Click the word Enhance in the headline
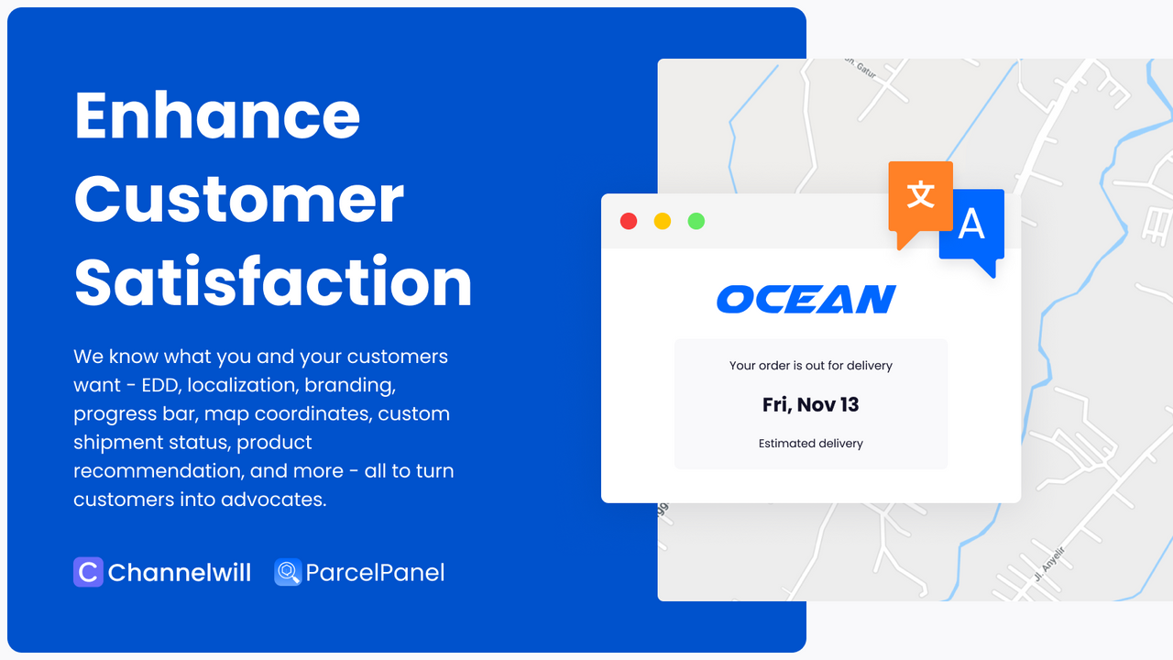(x=217, y=115)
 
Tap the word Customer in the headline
(x=239, y=199)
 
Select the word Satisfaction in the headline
(x=273, y=282)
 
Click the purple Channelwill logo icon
(x=88, y=572)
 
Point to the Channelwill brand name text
(x=180, y=573)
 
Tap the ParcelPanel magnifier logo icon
(x=288, y=573)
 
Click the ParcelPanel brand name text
(x=375, y=573)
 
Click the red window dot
(x=629, y=221)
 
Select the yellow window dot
(x=663, y=221)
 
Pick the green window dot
(x=696, y=221)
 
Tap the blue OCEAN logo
(x=806, y=299)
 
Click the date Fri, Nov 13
(x=811, y=404)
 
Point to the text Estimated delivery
(x=811, y=444)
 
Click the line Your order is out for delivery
(x=811, y=366)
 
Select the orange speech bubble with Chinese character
(x=920, y=196)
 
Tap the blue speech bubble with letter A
(x=972, y=225)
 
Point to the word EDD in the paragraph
(x=162, y=385)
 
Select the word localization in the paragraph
(x=241, y=385)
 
